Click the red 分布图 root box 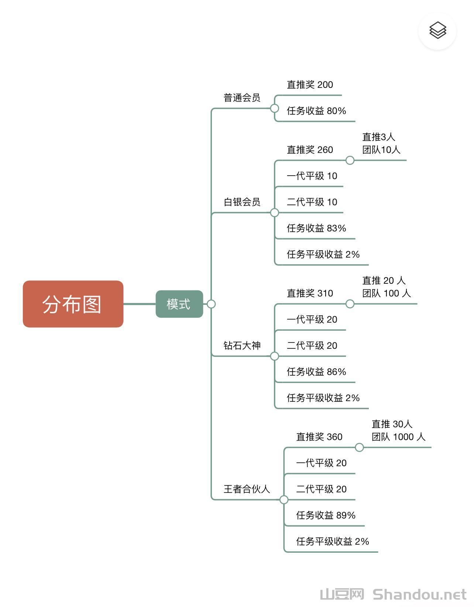tap(73, 304)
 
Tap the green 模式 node tap(179, 304)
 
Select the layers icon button tap(437, 31)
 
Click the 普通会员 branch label tap(242, 98)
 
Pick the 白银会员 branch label tap(242, 202)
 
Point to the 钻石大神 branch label tap(242, 345)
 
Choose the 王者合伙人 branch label tap(247, 489)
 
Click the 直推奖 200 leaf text tap(310, 85)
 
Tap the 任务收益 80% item tap(316, 111)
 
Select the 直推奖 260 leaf tap(310, 150)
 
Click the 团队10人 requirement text tap(381, 150)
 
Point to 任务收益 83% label tap(316, 228)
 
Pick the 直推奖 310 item tap(310, 293)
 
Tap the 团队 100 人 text tap(386, 293)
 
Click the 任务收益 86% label tap(316, 372)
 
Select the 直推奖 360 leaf tap(319, 437)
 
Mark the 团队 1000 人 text tap(398, 437)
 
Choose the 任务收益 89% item tap(326, 515)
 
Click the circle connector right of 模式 tap(211, 304)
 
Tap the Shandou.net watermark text tap(419, 595)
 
